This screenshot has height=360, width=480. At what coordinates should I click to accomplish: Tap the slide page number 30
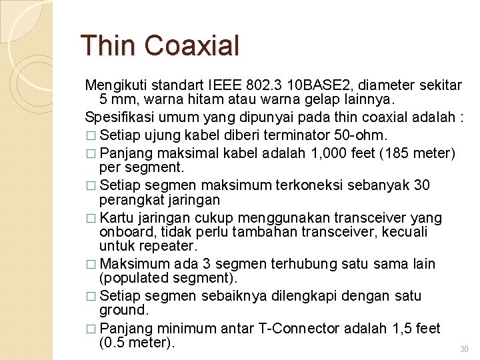pyautogui.click(x=465, y=349)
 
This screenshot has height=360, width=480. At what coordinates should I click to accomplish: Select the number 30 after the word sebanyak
pyautogui.click(x=421, y=184)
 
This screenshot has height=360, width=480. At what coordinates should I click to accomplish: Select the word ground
pyautogui.click(x=124, y=311)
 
